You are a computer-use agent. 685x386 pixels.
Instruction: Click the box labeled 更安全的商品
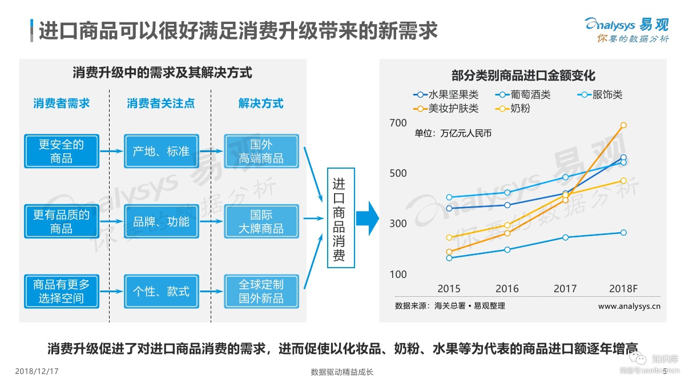(62, 151)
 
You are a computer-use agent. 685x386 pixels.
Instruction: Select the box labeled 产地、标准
(161, 151)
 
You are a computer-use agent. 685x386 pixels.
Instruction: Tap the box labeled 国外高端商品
(261, 151)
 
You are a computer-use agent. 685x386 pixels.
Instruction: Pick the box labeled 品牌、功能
(161, 221)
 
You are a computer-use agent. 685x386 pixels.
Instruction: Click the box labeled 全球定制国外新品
(261, 291)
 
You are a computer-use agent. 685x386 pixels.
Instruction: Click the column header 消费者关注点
(160, 104)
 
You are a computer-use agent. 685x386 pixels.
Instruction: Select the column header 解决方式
(261, 104)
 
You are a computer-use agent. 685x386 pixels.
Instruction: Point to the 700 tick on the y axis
(398, 123)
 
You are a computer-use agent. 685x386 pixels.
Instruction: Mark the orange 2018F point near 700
(623, 125)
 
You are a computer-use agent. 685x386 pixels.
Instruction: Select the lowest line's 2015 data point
(449, 258)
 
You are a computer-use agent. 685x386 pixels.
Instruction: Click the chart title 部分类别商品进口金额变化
(523, 75)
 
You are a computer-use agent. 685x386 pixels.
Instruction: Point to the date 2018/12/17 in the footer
(37, 372)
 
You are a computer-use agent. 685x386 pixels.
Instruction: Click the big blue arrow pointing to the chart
(367, 218)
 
